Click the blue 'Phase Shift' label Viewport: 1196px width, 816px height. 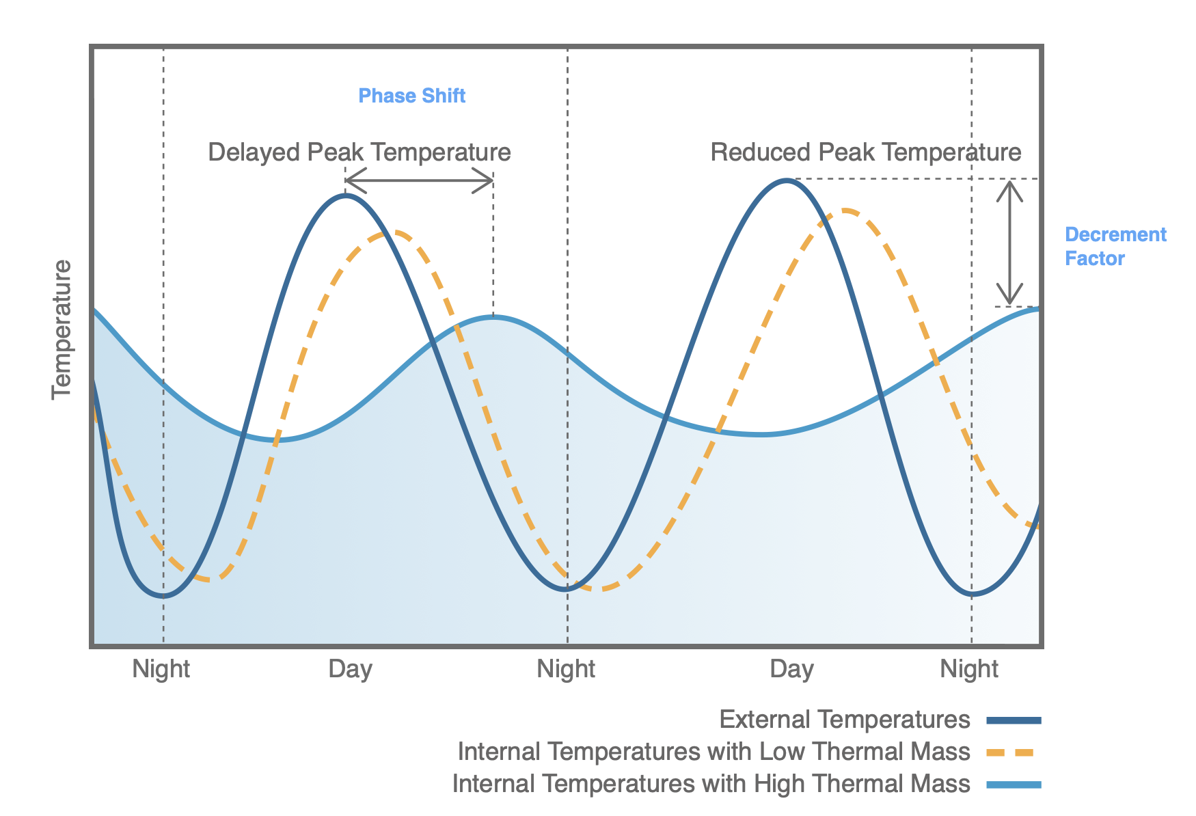(x=411, y=96)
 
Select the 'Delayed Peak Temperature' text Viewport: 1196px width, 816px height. (x=359, y=152)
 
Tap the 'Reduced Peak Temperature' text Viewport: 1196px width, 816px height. (x=865, y=152)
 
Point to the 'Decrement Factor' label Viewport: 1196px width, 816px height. (x=1114, y=246)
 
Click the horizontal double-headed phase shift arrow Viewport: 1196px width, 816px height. (x=419, y=181)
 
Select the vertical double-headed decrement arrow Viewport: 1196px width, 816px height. (x=1009, y=243)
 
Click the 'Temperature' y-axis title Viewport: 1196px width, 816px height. (x=62, y=329)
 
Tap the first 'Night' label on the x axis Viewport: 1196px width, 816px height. (x=161, y=668)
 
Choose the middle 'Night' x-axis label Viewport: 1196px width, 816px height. (x=565, y=668)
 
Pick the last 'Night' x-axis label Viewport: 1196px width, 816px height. (x=968, y=668)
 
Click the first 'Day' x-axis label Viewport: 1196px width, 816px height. (x=350, y=668)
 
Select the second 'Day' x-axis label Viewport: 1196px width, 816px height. (x=791, y=668)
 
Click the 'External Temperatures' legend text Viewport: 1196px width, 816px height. (x=844, y=720)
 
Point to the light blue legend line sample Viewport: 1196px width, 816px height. (x=1014, y=785)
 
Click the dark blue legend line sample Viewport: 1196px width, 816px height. (x=1014, y=720)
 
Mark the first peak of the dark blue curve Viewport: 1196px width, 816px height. (x=346, y=195)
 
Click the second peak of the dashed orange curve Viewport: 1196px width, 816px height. (x=846, y=210)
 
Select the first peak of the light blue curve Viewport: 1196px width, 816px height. (x=494, y=316)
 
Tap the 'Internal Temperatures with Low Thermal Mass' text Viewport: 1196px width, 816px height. (x=713, y=752)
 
